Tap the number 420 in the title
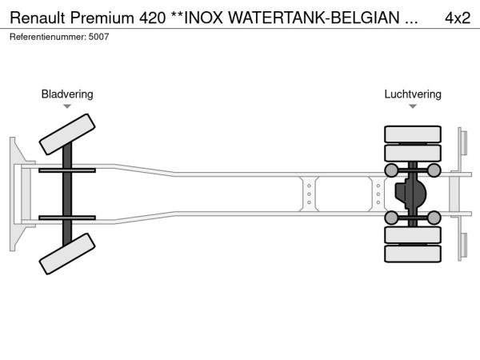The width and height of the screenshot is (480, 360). [153, 18]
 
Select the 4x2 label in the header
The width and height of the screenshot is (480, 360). [458, 18]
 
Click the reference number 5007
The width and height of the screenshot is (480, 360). [98, 37]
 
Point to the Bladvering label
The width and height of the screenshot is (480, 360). [67, 94]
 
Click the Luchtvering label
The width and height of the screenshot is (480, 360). [413, 94]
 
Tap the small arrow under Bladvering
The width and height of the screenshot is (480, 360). [67, 106]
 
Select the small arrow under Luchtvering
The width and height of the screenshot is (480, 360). [413, 106]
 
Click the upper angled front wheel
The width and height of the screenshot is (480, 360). [67, 134]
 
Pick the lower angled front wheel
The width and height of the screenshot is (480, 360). [67, 254]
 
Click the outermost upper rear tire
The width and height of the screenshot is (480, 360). [413, 134]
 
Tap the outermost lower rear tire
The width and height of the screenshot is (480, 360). [413, 254]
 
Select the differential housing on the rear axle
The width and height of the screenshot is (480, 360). [410, 194]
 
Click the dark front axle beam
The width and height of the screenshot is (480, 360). [67, 194]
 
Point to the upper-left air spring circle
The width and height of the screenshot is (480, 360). [391, 170]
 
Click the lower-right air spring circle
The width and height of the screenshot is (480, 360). [434, 218]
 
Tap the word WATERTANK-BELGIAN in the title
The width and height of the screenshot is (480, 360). [314, 18]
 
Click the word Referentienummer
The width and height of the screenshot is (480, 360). [48, 37]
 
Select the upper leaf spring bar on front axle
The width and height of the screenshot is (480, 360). [67, 170]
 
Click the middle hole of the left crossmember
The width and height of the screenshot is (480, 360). [309, 194]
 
